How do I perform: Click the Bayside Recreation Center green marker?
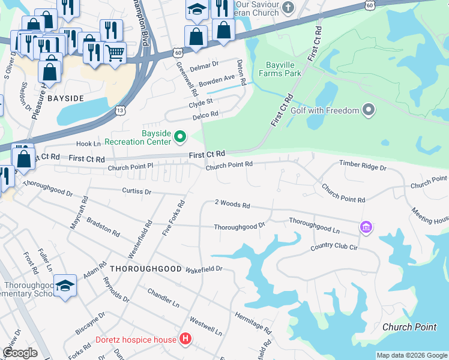click(179, 137)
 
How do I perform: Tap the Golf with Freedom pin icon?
click(369, 110)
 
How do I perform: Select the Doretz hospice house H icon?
click(185, 340)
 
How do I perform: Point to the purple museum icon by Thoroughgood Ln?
click(366, 227)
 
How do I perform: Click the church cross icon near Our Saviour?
click(288, 8)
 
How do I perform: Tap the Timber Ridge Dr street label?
click(363, 165)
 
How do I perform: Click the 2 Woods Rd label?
click(232, 205)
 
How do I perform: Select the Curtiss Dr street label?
click(137, 191)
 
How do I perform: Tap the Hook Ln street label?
click(88, 144)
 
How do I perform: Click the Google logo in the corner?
click(20, 353)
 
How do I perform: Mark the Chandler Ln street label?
click(163, 296)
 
